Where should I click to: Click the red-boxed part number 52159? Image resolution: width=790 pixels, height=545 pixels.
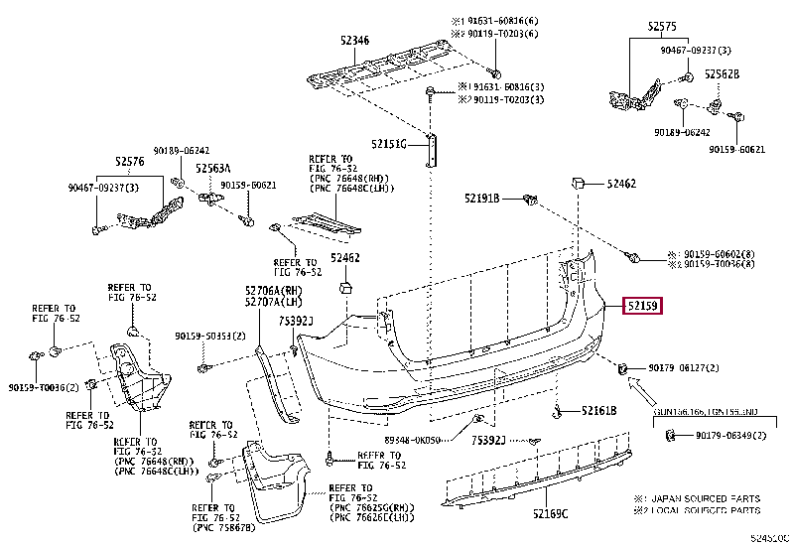642,307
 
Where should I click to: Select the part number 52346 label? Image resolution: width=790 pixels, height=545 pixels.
353,40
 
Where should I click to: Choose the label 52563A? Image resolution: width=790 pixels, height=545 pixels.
212,168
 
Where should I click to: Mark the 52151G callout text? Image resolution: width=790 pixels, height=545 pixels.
390,144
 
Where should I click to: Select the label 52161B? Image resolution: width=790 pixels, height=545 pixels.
598,410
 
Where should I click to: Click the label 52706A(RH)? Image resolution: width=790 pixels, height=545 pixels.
274,290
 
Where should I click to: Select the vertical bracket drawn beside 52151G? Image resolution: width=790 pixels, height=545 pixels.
431,147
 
